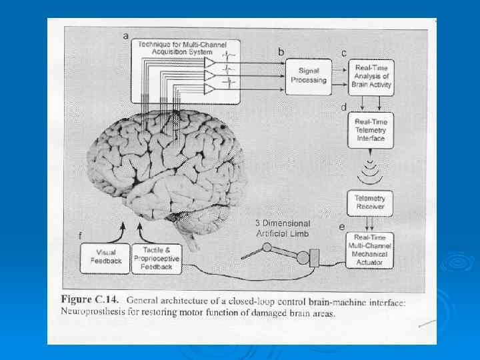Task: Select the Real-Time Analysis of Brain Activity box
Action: pyautogui.click(x=371, y=77)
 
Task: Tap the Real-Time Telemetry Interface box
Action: pyautogui.click(x=371, y=129)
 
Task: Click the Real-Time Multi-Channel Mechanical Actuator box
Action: pyautogui.click(x=371, y=250)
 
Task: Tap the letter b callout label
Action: pyautogui.click(x=281, y=51)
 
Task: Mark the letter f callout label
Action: pyautogui.click(x=81, y=235)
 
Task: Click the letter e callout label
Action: pyautogui.click(x=342, y=227)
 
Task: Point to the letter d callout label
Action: pyautogui.click(x=343, y=107)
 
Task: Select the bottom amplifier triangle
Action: pyautogui.click(x=210, y=88)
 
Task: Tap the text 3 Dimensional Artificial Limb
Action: pyautogui.click(x=283, y=228)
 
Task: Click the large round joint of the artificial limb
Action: pyautogui.click(x=303, y=257)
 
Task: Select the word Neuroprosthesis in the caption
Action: pyautogui.click(x=94, y=311)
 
